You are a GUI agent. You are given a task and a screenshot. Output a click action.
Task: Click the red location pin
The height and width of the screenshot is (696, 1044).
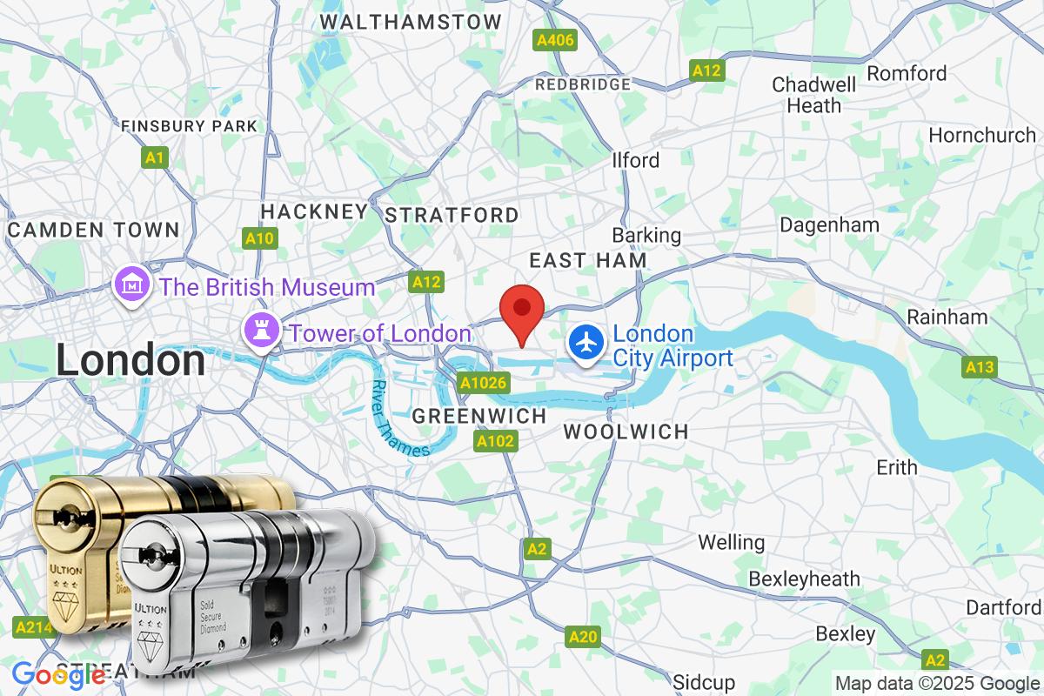click(522, 309)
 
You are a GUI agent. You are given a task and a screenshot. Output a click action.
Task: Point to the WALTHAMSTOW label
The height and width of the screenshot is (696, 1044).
click(411, 22)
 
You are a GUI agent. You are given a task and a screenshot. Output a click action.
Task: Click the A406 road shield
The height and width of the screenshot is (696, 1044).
click(554, 40)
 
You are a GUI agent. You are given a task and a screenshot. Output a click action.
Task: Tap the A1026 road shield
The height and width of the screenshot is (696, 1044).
click(483, 383)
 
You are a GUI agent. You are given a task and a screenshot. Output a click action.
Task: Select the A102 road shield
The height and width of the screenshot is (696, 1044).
click(496, 442)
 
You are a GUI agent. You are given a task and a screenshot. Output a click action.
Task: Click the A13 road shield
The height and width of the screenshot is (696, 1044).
click(979, 368)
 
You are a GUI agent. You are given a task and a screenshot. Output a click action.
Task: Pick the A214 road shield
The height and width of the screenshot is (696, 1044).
click(33, 626)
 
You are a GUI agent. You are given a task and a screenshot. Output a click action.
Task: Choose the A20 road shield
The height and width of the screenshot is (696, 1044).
click(582, 637)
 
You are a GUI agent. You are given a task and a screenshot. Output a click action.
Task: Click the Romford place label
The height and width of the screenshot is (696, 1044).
click(907, 73)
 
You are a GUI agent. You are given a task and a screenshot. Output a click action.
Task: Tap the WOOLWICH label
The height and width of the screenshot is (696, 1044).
click(626, 432)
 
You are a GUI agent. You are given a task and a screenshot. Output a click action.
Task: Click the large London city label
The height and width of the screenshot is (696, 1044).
click(130, 360)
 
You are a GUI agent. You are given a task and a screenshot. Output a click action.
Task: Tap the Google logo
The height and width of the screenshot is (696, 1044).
click(59, 675)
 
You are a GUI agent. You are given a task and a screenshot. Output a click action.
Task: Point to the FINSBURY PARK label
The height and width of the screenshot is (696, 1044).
click(190, 126)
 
